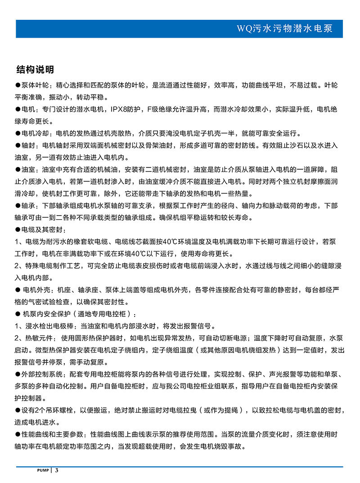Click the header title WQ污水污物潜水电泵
(x=284, y=29)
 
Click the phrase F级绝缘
(x=158, y=109)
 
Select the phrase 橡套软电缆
(x=93, y=242)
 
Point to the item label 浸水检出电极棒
(x=48, y=326)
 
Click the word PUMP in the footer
(x=43, y=470)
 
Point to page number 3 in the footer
(x=57, y=470)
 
